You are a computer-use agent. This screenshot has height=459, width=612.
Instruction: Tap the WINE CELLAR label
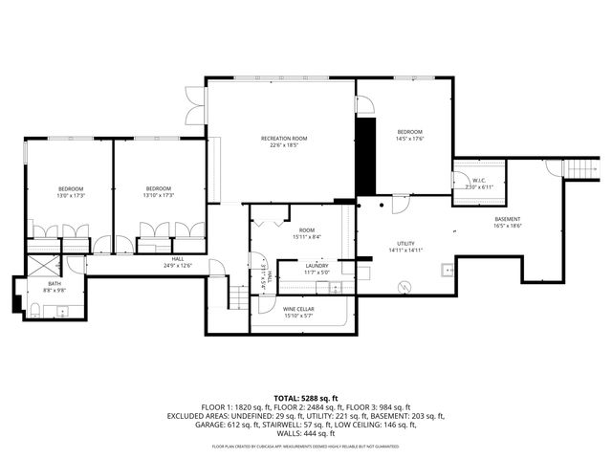pyautogui.click(x=299, y=310)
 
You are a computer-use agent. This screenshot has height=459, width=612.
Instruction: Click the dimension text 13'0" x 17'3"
pyautogui.click(x=71, y=195)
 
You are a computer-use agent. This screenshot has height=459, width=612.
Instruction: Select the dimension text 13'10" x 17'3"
pyautogui.click(x=159, y=195)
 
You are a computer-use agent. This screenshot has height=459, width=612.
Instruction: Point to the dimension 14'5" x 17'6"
pyautogui.click(x=409, y=139)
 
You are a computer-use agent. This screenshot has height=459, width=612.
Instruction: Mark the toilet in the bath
pyautogui.click(x=34, y=308)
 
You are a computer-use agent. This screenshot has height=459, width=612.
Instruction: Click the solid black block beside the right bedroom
pyautogui.click(x=365, y=157)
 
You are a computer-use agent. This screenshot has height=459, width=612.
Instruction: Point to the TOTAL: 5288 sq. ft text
pyautogui.click(x=305, y=397)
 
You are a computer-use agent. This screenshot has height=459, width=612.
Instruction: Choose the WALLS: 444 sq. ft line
pyautogui.click(x=306, y=435)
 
